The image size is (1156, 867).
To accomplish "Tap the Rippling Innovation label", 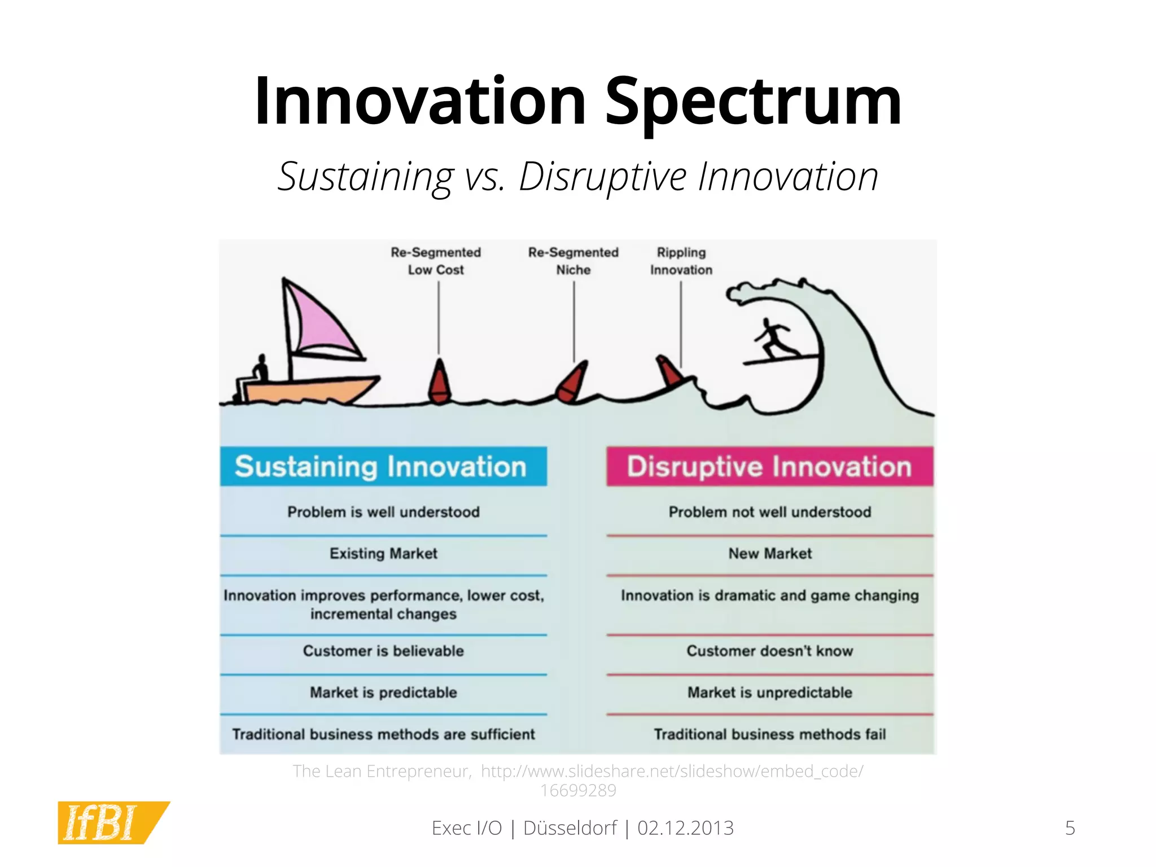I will point(681,261).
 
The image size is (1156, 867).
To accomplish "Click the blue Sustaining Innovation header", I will point(383,467).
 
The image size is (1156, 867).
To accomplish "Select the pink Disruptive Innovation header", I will point(769,467).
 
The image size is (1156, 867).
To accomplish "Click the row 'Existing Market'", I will point(383,554).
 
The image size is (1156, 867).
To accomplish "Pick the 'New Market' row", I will point(770,554).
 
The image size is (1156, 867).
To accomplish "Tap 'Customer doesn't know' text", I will point(770,651).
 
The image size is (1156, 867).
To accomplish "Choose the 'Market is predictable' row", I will point(383,693).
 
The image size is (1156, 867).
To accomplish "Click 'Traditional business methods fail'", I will point(770,734).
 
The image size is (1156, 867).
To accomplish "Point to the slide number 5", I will point(1070,828).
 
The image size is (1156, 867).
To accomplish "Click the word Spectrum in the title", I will point(753,102).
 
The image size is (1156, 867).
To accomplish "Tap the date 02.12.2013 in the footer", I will point(685,828).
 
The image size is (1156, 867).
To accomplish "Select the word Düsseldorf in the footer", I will point(570,828).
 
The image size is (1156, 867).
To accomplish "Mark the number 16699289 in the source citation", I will point(578,791).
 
